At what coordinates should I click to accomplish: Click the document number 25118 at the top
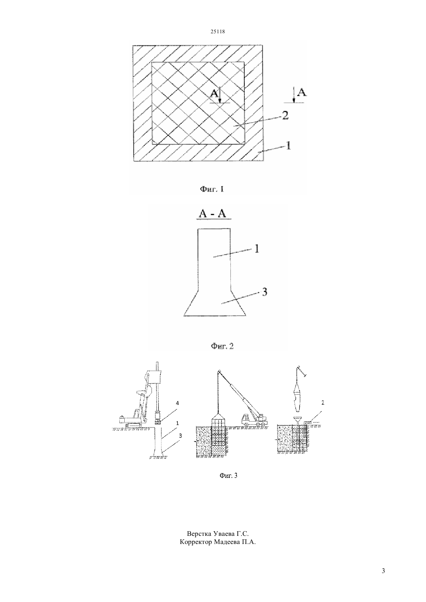coord(217,31)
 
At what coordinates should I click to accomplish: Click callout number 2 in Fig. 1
coord(285,116)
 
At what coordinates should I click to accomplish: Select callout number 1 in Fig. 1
coord(288,145)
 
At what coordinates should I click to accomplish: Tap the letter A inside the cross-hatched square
coord(214,93)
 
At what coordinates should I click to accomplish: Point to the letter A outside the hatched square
coord(302,92)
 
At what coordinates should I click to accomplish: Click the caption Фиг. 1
coord(212,190)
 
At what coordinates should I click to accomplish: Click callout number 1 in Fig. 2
coord(257,249)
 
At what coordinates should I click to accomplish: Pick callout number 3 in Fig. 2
coord(265,292)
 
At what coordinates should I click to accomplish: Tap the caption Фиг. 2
coord(222,346)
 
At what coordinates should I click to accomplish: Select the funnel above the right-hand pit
coord(298,419)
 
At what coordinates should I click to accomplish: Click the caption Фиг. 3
coord(228,475)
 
